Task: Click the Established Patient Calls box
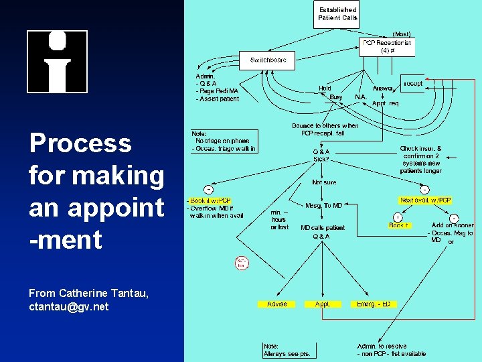click(x=337, y=14)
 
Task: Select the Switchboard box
click(x=268, y=60)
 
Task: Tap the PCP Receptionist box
click(x=387, y=46)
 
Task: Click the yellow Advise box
click(x=277, y=304)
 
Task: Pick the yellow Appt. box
click(x=323, y=304)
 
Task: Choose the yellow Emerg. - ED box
click(x=374, y=304)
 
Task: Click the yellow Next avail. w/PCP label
click(x=425, y=200)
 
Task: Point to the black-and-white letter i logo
click(x=57, y=62)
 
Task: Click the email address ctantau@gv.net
click(x=69, y=307)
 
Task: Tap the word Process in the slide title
click(x=80, y=143)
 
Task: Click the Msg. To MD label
click(x=324, y=206)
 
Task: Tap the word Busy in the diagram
click(x=336, y=97)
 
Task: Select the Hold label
click(x=325, y=88)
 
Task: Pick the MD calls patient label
click(x=323, y=228)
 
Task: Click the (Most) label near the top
click(x=402, y=34)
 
